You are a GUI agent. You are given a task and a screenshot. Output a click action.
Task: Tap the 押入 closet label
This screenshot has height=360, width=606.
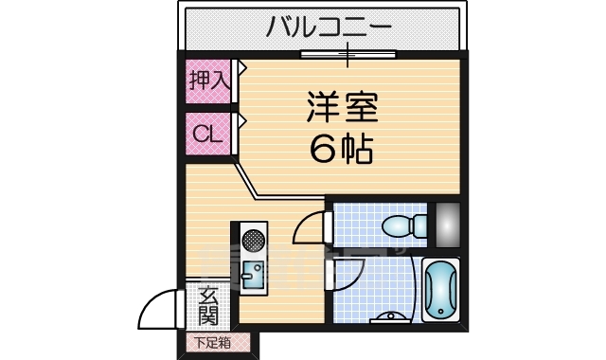coord(207,81)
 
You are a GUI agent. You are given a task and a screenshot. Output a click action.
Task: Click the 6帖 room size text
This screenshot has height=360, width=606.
coord(342,149)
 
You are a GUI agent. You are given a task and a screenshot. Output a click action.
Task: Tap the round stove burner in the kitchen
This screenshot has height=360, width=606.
coord(252,237)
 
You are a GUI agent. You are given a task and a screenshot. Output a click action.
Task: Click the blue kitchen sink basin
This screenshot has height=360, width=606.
coord(252,277)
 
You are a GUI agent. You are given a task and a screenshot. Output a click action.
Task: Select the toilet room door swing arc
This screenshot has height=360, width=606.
coord(309,229)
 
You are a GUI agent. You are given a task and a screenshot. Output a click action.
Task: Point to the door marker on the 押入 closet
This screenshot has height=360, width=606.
coord(241,68)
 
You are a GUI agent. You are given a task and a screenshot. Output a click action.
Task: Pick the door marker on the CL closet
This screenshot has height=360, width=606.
coord(241,121)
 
